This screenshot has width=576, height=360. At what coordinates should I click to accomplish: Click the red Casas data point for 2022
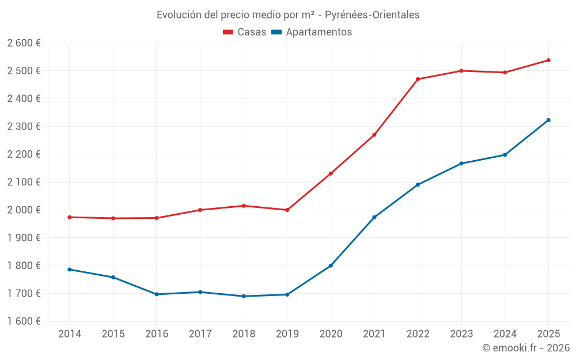pyautogui.click(x=418, y=79)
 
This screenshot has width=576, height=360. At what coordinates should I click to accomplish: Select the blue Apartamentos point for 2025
pyautogui.click(x=548, y=120)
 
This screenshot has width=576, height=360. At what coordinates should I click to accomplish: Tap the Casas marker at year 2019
pyautogui.click(x=287, y=210)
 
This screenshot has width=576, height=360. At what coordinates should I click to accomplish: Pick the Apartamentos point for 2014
pyautogui.click(x=70, y=270)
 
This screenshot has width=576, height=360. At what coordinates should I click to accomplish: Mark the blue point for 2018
pyautogui.click(x=244, y=296)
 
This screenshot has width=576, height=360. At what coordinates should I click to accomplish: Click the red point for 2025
pyautogui.click(x=548, y=60)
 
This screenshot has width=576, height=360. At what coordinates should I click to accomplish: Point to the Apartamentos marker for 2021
pyautogui.click(x=374, y=217)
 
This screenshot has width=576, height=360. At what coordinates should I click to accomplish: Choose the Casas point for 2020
pyautogui.click(x=331, y=173)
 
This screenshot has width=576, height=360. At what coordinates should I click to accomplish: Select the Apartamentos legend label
pyautogui.click(x=319, y=32)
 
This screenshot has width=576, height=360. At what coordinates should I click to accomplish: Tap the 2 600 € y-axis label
pyautogui.click(x=24, y=43)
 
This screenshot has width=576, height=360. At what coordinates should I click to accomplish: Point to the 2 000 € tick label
pyautogui.click(x=24, y=210)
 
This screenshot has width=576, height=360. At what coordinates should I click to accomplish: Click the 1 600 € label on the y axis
pyautogui.click(x=24, y=321)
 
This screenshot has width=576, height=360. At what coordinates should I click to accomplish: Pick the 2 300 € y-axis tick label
pyautogui.click(x=24, y=127)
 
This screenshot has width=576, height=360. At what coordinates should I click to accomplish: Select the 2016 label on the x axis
pyautogui.click(x=157, y=334)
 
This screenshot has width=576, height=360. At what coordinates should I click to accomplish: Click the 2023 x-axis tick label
pyautogui.click(x=461, y=334)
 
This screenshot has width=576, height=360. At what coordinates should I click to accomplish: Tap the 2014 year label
pyautogui.click(x=70, y=334)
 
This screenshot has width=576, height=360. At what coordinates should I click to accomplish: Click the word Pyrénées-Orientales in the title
pyautogui.click(x=372, y=14)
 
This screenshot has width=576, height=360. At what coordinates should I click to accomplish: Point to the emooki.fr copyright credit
pyautogui.click(x=525, y=347)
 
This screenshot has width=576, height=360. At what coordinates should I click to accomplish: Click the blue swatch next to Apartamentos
pyautogui.click(x=276, y=32)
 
